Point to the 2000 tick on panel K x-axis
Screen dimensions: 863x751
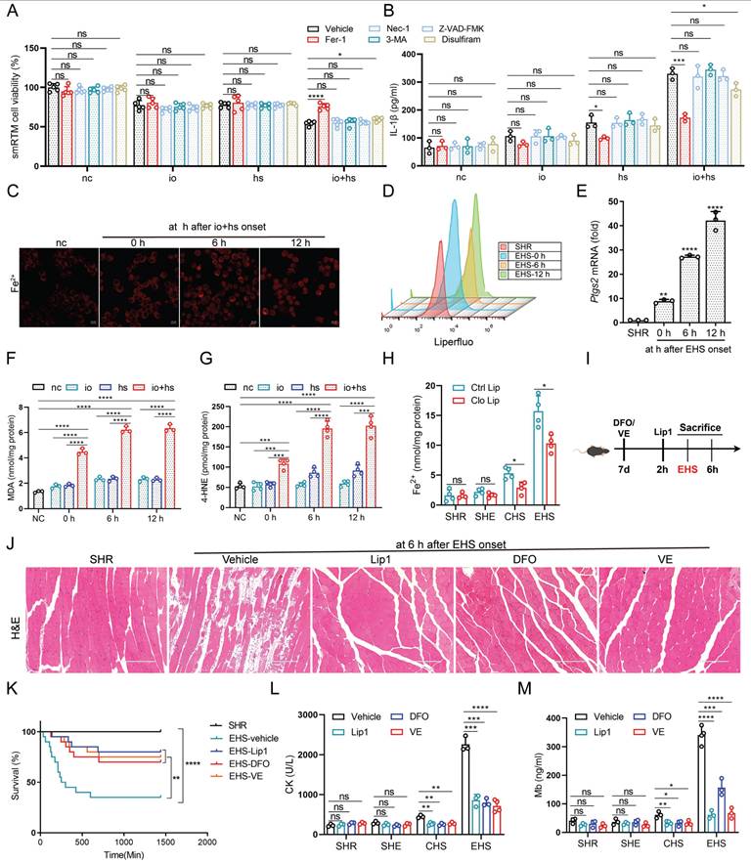206,841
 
